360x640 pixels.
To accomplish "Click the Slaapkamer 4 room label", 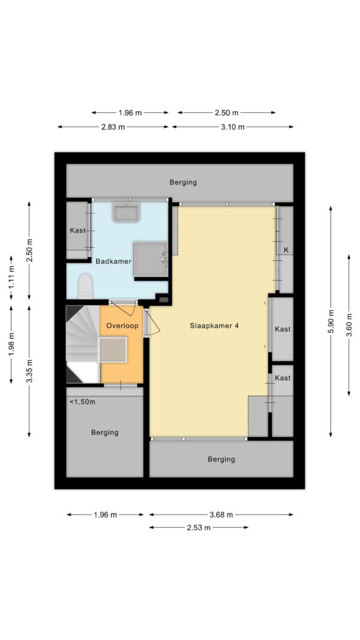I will tap(215, 326).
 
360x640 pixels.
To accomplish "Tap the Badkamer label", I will tap(113, 261).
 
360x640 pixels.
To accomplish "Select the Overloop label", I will tap(122, 326).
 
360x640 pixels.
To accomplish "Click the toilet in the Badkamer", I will tap(85, 286).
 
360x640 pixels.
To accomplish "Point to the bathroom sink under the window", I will tap(127, 213).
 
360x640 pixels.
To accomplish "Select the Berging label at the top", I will tap(183, 182).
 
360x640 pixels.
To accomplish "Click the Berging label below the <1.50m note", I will tap(105, 432).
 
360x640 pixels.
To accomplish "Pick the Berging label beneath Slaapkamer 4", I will tap(221, 459).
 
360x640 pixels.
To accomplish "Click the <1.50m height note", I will tap(82, 402).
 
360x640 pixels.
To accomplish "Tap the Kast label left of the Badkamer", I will tap(77, 230).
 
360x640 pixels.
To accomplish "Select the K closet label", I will tap(286, 250).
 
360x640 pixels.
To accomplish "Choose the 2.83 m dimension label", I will tap(113, 127).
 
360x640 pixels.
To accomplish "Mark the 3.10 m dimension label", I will tap(233, 127).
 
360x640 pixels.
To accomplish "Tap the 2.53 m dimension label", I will tap(199, 528).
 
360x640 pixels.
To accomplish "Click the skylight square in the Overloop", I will tap(113, 349).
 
